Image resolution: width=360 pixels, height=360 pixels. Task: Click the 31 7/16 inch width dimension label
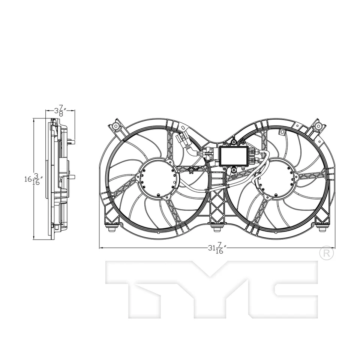click(216, 249)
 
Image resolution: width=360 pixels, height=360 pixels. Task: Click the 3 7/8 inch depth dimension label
click(60, 111)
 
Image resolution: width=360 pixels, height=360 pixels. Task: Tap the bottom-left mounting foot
click(112, 227)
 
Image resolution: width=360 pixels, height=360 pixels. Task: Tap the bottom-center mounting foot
click(215, 227)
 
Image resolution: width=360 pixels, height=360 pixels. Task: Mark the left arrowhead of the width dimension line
click(100, 248)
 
